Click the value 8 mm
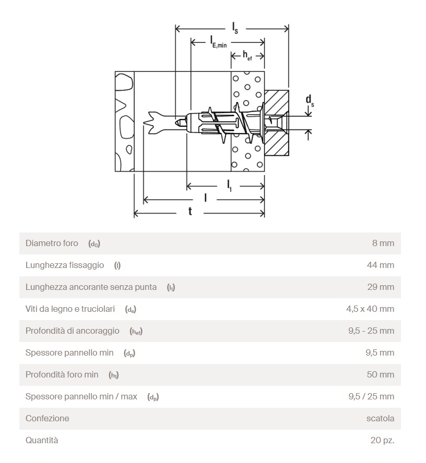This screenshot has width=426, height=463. (383, 243)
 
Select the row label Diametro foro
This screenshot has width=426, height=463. (52, 243)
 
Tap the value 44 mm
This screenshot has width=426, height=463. (380, 265)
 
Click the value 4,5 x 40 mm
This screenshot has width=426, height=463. (370, 309)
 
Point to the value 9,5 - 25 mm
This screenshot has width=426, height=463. (371, 331)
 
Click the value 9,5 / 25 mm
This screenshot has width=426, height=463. (371, 396)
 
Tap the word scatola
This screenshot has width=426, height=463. (380, 418)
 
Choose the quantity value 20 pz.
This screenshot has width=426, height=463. (382, 440)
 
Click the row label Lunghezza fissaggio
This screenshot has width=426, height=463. (65, 265)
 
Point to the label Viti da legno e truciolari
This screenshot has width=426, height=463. (70, 309)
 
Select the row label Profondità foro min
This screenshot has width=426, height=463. (62, 374)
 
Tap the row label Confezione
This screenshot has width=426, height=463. (47, 418)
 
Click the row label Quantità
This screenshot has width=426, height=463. (42, 440)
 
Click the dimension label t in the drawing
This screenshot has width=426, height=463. (190, 211)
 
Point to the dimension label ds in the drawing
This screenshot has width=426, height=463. (310, 99)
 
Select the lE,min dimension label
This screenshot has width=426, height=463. (218, 41)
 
